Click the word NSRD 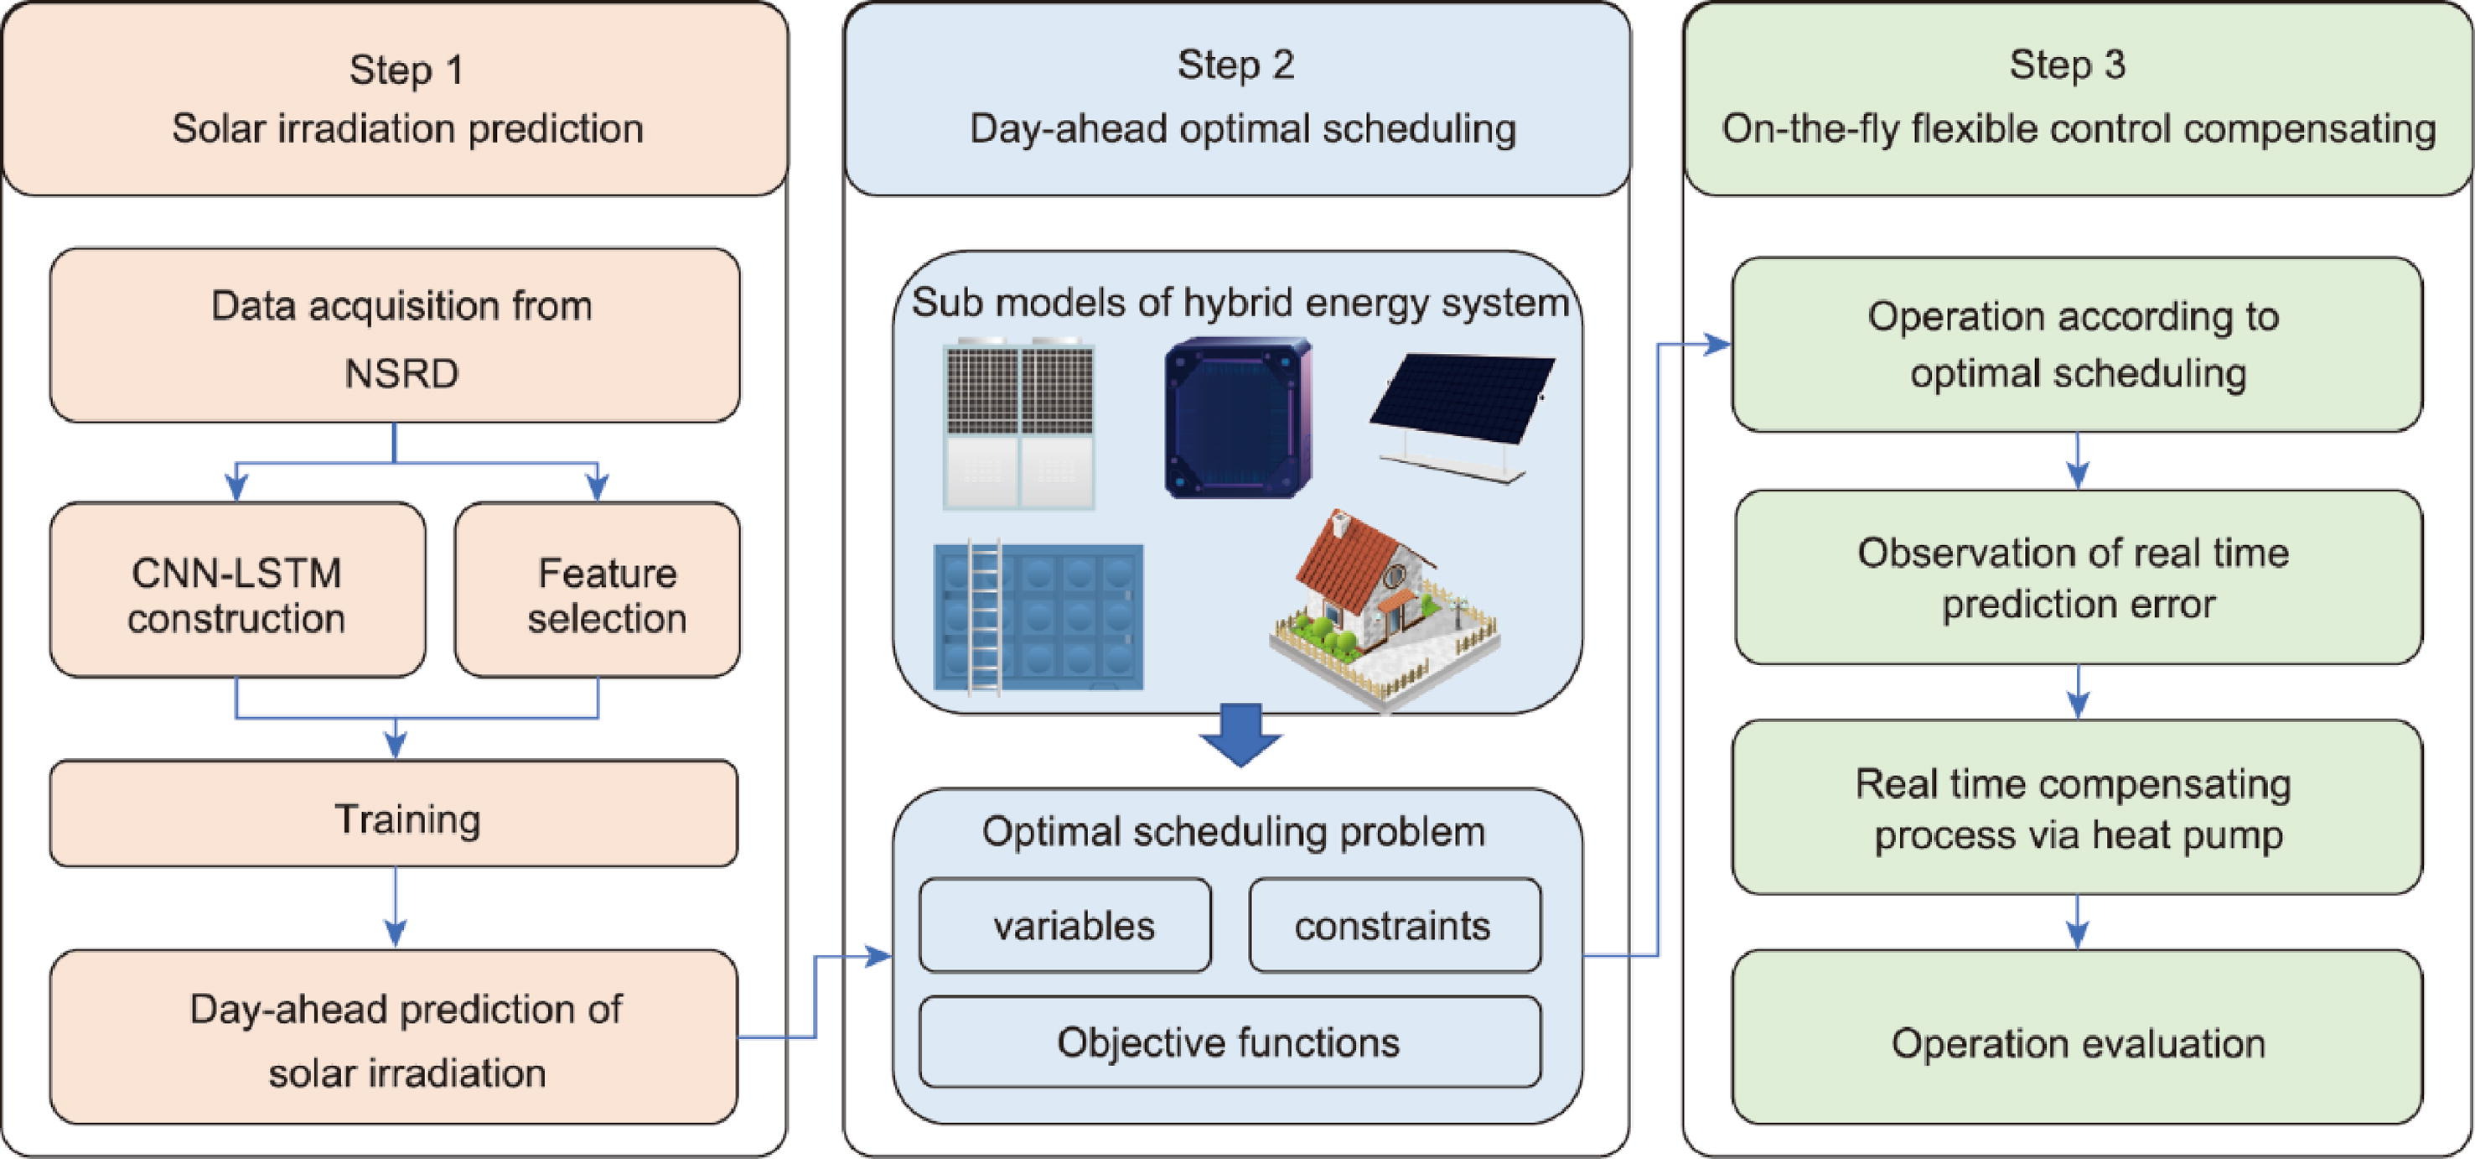pyautogui.click(x=401, y=374)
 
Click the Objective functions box pyautogui.click(x=1230, y=1042)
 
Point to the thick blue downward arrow pyautogui.click(x=1240, y=735)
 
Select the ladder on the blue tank pyautogui.click(x=984, y=615)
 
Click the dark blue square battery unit pyautogui.click(x=1237, y=417)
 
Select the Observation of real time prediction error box pyautogui.click(x=2077, y=578)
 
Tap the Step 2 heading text pyautogui.click(x=1236, y=65)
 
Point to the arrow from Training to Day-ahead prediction pyautogui.click(x=395, y=907)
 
